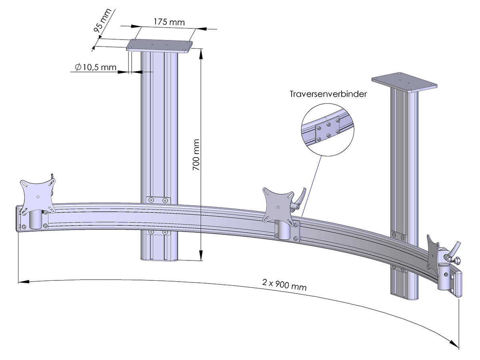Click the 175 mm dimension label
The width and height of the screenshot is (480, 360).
point(169,22)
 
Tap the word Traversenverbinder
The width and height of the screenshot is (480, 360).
point(328,94)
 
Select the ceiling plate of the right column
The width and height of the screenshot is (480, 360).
point(404,82)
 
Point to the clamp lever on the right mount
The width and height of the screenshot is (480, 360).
point(454,250)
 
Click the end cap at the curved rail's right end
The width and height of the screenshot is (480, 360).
point(457,284)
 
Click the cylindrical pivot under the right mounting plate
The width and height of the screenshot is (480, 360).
point(445,276)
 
